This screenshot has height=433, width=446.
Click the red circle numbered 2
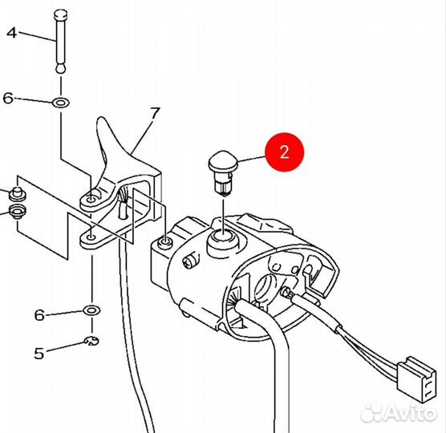point(285,152)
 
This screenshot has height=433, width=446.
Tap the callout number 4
point(12,33)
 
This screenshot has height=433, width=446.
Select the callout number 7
point(155,113)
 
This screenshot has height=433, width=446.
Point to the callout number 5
point(39,354)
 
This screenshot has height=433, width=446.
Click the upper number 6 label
point(8,98)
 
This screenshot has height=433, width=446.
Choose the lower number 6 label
point(39,315)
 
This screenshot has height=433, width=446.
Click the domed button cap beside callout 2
point(224,160)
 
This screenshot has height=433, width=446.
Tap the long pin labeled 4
point(61,41)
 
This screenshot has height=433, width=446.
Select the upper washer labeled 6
point(61,103)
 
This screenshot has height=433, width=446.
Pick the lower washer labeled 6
point(91,310)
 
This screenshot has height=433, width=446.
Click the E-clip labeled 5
point(92,340)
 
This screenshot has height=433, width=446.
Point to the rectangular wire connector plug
point(416,380)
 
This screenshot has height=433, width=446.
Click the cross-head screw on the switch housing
point(191,261)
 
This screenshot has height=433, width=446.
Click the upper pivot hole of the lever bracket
point(91,200)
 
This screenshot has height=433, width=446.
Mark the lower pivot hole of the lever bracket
point(91,237)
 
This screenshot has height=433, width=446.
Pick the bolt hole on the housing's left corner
point(165,242)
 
